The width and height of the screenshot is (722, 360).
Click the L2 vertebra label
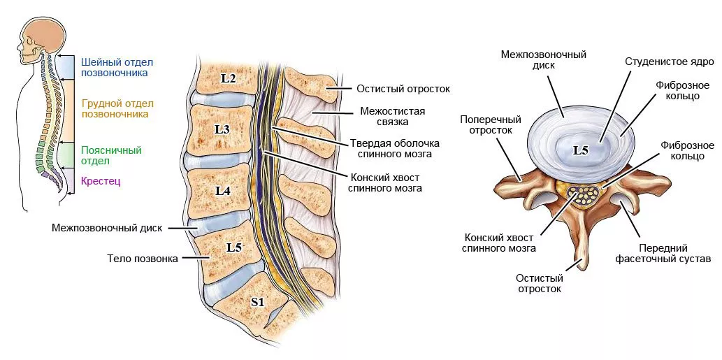229,78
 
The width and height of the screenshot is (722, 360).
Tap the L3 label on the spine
222,129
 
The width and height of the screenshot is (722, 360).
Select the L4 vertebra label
223,189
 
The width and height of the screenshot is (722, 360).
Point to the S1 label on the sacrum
258,302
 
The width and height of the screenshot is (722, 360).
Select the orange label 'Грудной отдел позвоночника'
115,108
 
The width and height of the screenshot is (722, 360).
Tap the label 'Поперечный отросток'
486,124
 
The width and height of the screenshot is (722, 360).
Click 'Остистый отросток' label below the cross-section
539,283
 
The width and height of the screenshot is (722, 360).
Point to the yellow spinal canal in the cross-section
584,194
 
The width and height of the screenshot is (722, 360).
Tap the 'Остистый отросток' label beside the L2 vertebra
403,89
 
